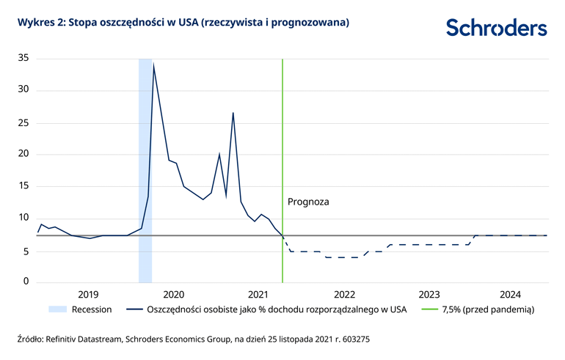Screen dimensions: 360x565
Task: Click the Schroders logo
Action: click(496, 28)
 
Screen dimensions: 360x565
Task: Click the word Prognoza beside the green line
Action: click(308, 200)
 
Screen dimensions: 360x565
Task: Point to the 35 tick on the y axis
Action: click(23, 59)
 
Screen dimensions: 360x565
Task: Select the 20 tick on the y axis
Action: click(23, 154)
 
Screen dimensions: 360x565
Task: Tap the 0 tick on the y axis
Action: click(26, 282)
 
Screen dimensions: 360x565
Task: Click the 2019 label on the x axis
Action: click(87, 295)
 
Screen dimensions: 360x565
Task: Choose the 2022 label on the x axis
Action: click(344, 295)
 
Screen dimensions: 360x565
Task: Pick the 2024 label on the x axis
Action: click(511, 295)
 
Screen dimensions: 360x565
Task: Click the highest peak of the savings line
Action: click(153, 65)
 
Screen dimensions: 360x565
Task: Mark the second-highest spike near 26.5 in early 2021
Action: click(233, 113)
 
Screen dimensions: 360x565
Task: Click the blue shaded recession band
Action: click(145, 169)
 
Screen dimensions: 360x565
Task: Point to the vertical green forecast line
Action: click(282, 147)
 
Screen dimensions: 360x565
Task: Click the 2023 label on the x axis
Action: click(429, 295)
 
